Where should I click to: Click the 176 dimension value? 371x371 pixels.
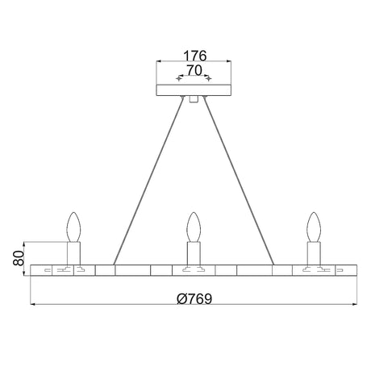pyautogui.click(x=194, y=56)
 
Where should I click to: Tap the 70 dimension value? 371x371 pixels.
pyautogui.click(x=194, y=70)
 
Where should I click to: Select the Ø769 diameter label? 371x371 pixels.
pyautogui.click(x=194, y=298)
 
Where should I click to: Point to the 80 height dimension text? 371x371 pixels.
pyautogui.click(x=19, y=258)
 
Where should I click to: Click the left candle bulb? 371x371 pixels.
pyautogui.click(x=73, y=227)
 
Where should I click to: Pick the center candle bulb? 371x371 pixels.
pyautogui.click(x=194, y=227)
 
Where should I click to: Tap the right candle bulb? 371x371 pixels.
pyautogui.click(x=314, y=227)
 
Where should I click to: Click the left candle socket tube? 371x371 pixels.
pyautogui.click(x=73, y=253)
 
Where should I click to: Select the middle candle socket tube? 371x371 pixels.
pyautogui.click(x=194, y=253)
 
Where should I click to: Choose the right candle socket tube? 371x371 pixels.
pyautogui.click(x=314, y=253)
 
